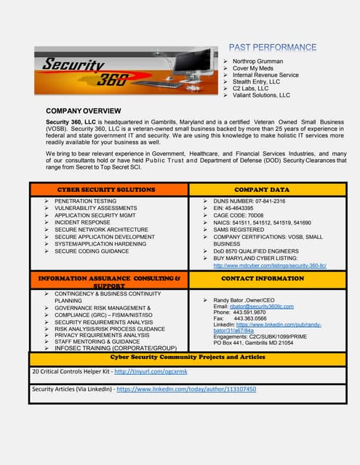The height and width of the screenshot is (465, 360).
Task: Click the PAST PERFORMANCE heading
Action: pyautogui.click(x=273, y=47)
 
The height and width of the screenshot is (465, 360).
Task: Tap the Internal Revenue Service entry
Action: pyautogui.click(x=265, y=75)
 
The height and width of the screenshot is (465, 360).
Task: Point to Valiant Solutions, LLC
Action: pyautogui.click(x=261, y=95)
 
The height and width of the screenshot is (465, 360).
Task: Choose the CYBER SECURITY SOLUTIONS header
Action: pyautogui.click(x=106, y=190)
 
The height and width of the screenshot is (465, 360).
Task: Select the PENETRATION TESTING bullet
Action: pyautogui.click(x=85, y=201)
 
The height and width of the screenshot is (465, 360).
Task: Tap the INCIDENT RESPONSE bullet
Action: pyautogui.click(x=82, y=222)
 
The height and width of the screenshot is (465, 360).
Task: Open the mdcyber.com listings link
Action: pyautogui.click(x=269, y=266)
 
